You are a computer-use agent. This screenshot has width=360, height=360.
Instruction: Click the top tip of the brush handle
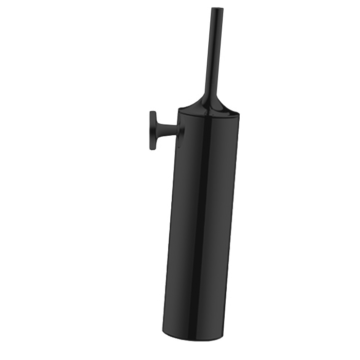click(x=218, y=9)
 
